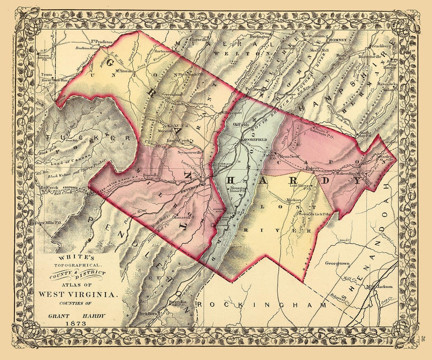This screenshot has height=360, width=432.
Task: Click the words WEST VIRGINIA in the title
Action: [x=78, y=294]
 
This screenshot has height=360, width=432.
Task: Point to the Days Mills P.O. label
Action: [x=48, y=223]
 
